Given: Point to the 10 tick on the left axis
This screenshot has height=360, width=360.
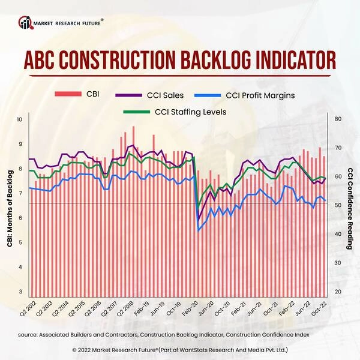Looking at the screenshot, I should [x=20, y=119].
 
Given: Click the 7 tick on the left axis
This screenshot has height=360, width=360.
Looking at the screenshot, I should [x=21, y=193].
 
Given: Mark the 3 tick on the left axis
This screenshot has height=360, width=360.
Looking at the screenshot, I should [x=21, y=292].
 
